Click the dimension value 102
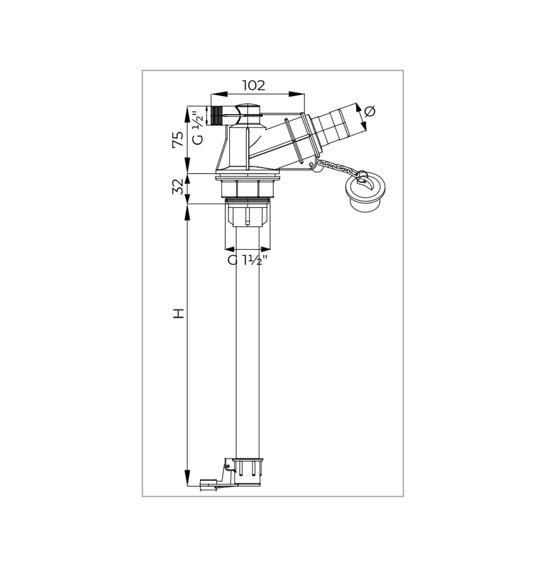pyautogui.click(x=254, y=86)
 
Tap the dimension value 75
pyautogui.click(x=178, y=139)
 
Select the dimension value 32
pyautogui.click(x=178, y=187)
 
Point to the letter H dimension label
pyautogui.click(x=179, y=313)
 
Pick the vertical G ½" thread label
pyautogui.click(x=198, y=128)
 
